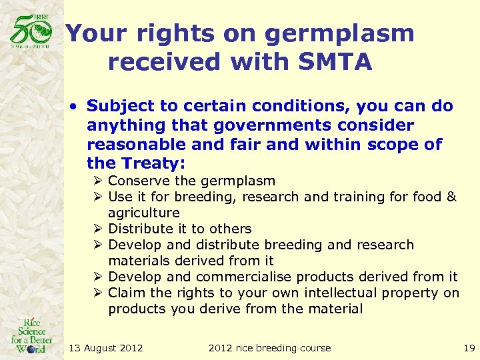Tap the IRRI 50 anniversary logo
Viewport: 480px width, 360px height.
[x=31, y=31]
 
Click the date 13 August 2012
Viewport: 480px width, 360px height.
[x=105, y=348]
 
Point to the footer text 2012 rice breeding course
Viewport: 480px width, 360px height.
[x=269, y=348]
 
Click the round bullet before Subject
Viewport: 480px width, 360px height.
[x=77, y=107]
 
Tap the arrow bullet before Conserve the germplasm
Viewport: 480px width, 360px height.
[x=99, y=181]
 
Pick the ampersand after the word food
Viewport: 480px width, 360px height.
[x=451, y=197]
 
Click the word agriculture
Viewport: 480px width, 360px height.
[x=144, y=213]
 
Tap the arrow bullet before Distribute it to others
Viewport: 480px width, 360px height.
[x=99, y=229]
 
